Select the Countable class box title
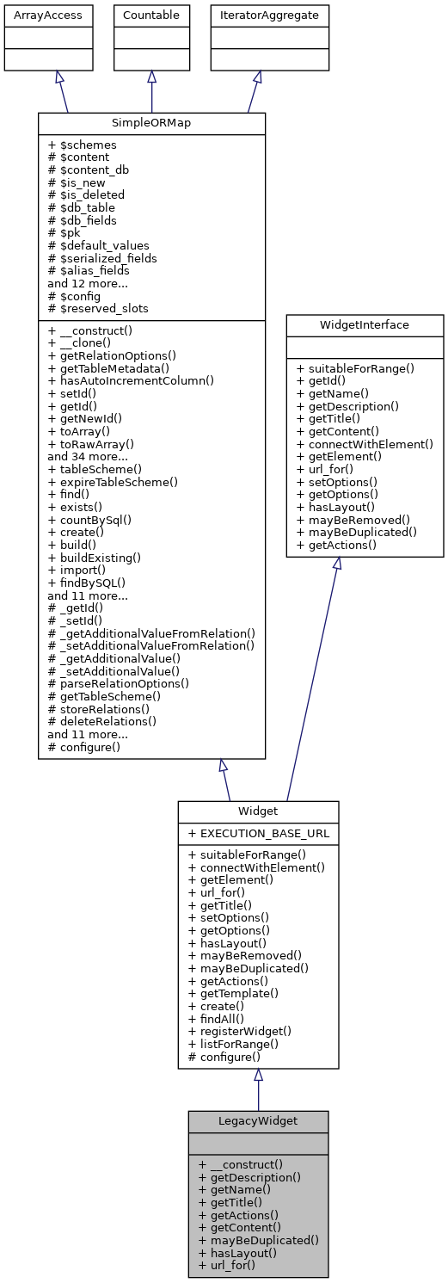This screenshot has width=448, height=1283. pos(151,14)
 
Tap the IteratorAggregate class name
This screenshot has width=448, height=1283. pos(257,14)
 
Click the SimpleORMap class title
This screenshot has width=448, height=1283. pos(151,123)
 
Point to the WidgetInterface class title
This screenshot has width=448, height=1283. pos(365,325)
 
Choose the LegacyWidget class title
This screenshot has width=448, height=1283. pos(258,1121)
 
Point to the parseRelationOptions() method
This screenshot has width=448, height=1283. pos(119,682)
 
